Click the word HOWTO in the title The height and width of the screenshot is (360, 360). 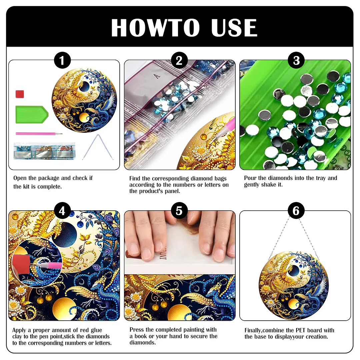(155, 28)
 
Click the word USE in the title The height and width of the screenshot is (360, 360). (234, 28)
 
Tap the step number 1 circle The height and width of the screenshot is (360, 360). (62, 61)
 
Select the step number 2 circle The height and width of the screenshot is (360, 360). (179, 61)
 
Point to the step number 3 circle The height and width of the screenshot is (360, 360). (296, 61)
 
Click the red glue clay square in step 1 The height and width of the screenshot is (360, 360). (20, 94)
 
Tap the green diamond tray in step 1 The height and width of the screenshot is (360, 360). (31, 114)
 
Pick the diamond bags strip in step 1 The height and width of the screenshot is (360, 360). (44, 150)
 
